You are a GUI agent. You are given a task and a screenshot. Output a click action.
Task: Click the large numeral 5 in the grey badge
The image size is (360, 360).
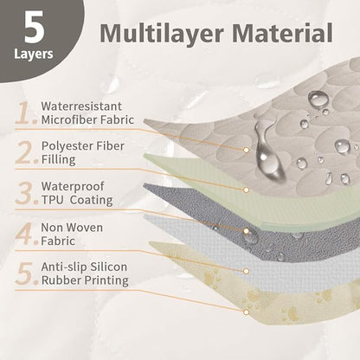(35, 28)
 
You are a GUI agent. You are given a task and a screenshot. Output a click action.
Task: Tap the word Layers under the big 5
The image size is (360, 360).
(34, 55)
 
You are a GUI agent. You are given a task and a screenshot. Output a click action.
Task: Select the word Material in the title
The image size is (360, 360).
(282, 33)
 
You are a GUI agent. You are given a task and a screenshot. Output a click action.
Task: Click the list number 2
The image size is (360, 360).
(26, 152)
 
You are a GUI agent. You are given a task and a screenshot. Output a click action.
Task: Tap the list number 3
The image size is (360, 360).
(26, 193)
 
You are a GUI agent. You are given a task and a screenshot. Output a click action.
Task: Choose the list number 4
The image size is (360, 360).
(26, 234)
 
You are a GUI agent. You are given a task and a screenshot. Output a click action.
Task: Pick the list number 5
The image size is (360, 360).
(26, 273)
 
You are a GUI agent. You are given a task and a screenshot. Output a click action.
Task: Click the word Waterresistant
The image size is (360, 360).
(81, 106)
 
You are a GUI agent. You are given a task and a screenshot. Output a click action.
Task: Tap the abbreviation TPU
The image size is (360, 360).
(52, 200)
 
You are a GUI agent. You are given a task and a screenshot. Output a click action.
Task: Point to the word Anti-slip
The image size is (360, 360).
(64, 267)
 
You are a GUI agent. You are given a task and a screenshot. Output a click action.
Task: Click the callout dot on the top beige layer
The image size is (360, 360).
(246, 150)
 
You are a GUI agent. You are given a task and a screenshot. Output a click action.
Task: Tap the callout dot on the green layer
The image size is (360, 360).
(246, 190)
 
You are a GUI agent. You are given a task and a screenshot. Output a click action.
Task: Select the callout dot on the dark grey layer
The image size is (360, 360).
(246, 231)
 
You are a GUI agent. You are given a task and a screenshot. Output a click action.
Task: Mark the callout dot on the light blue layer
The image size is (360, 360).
(246, 271)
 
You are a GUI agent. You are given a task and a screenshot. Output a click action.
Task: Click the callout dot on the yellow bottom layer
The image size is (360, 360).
(246, 312)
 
